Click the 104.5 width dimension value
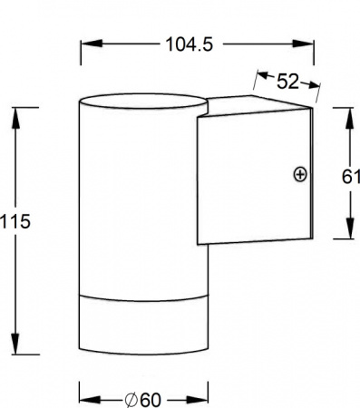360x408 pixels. [190, 44]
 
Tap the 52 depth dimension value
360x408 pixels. [287, 82]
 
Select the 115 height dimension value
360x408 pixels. [15, 221]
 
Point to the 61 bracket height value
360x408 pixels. [351, 177]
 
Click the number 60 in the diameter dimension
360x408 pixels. [151, 400]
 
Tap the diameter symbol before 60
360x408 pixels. [131, 400]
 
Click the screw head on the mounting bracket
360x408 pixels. [300, 174]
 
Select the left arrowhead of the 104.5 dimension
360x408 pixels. [91, 44]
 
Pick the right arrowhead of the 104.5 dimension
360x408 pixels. [303, 44]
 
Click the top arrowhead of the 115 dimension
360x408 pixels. [15, 118]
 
